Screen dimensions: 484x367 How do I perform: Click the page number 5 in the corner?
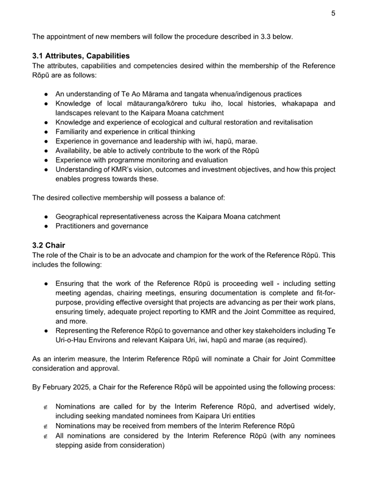coord(333,13)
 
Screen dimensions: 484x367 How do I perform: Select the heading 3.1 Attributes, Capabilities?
coord(81,56)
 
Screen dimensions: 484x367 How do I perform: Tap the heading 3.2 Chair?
coord(49,245)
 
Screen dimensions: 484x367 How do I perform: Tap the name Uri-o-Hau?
coord(73,340)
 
